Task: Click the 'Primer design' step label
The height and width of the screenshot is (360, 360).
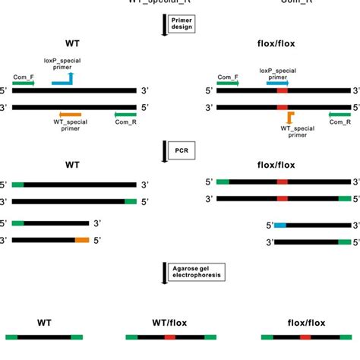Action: [x=182, y=22]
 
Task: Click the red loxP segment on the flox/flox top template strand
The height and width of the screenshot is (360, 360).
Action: [x=282, y=91]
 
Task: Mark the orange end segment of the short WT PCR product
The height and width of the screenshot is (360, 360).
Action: [x=82, y=240]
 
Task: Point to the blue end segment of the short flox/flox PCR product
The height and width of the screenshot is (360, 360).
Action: [x=279, y=226]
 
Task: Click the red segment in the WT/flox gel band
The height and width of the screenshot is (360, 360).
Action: [x=169, y=336]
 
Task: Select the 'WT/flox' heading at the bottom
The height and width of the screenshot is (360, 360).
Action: [x=170, y=323]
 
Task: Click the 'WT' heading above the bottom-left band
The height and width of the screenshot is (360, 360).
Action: [x=44, y=323]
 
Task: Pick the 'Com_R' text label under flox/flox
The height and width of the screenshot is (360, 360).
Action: [x=339, y=122]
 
